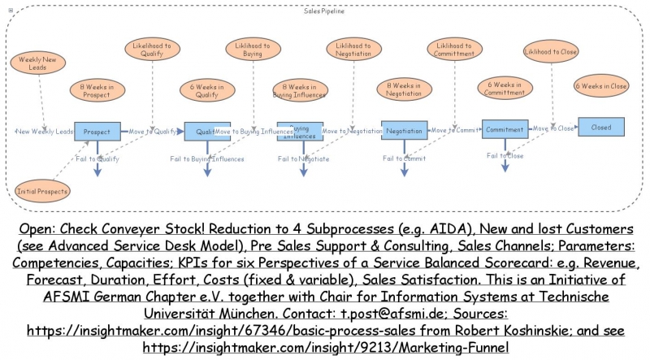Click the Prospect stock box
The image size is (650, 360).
[97, 130]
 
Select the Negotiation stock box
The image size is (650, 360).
[404, 130]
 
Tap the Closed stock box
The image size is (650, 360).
[601, 128]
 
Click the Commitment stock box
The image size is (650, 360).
[505, 128]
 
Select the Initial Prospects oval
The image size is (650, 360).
[42, 191]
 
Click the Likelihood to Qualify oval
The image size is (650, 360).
[152, 50]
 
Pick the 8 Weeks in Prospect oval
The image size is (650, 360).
[97, 90]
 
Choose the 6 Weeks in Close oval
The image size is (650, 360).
[601, 86]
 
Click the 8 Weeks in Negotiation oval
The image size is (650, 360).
[404, 89]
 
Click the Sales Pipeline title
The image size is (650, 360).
[323, 11]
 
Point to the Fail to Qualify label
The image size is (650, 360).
[97, 158]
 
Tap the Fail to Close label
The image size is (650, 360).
[505, 155]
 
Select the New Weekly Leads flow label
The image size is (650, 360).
[44, 131]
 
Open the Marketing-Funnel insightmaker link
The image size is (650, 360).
[325, 347]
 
